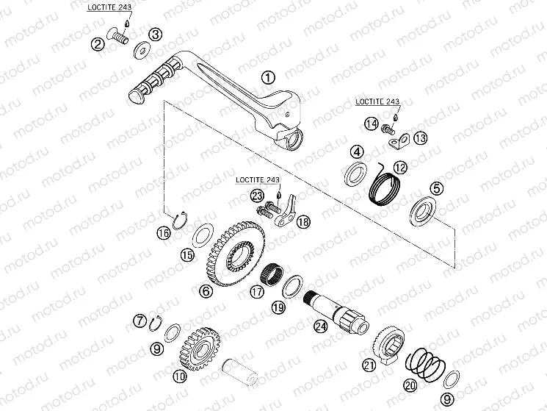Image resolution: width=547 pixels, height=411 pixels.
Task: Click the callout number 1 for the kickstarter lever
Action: [x=268, y=77]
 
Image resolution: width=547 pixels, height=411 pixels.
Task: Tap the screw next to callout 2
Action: [x=118, y=35]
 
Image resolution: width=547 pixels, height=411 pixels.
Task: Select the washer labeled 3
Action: [x=142, y=51]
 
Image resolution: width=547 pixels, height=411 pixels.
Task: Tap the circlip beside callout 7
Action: [x=155, y=324]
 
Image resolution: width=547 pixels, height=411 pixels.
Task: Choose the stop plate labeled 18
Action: [x=286, y=212]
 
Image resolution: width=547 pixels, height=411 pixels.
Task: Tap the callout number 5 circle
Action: [x=436, y=189]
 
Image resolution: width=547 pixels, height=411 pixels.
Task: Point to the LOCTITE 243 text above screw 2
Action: [x=109, y=7]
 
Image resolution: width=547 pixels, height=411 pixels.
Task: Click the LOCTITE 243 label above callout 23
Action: [x=258, y=180]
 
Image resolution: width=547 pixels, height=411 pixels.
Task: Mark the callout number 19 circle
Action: [x=279, y=307]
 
